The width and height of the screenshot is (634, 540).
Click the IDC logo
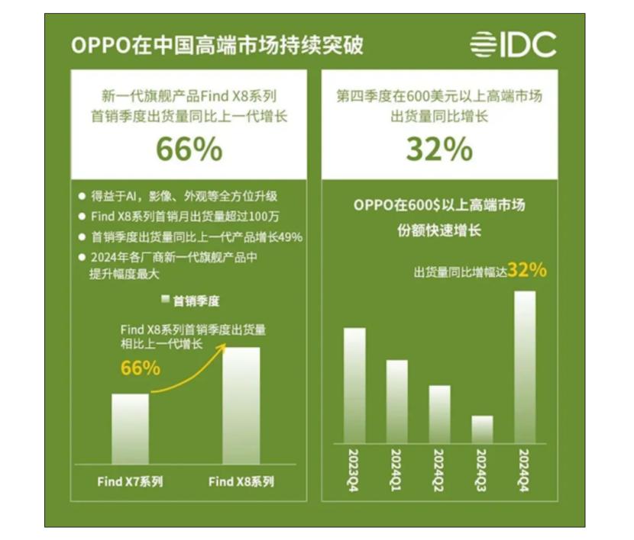pyautogui.click(x=513, y=45)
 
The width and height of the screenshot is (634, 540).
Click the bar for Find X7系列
pyautogui.click(x=130, y=429)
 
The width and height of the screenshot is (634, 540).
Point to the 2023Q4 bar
pyautogui.click(x=354, y=384)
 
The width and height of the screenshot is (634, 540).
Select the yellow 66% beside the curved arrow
pyautogui.click(x=141, y=368)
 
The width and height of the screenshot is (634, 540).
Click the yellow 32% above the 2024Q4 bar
pyautogui.click(x=527, y=269)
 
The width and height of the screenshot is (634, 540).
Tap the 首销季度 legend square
pyautogui.click(x=164, y=300)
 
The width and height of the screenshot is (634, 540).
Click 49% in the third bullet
pyautogui.click(x=290, y=236)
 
